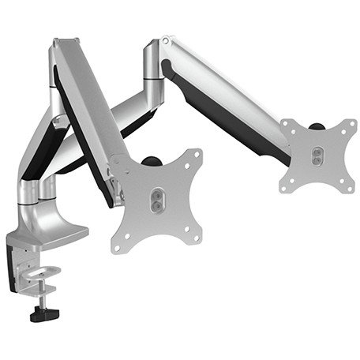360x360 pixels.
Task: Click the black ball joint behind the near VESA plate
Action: (x=151, y=162)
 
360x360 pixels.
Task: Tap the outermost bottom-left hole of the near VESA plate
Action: (x=118, y=246)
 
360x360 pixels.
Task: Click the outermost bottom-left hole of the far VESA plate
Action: (x=286, y=184)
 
